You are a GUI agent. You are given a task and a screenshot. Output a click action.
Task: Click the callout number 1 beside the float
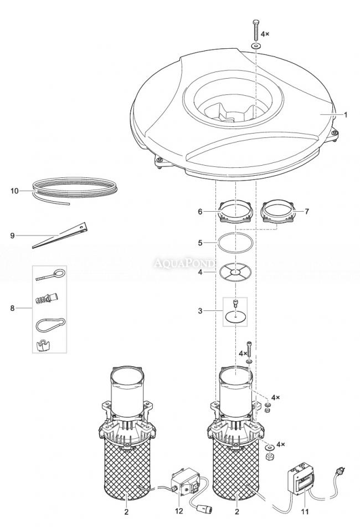pos(346,115)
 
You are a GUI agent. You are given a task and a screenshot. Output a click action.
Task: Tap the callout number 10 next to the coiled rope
pos(14,191)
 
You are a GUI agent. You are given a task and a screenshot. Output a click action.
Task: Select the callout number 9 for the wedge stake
pos(12,236)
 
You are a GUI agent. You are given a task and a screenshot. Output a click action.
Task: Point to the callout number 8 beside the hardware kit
pos(12,308)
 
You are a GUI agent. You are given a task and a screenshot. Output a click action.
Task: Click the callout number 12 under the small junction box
pos(179,511)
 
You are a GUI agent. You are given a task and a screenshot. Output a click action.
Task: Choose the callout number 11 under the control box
pos(305,511)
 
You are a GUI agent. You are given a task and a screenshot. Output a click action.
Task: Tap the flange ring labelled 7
pos(277,212)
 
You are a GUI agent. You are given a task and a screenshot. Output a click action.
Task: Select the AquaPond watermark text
pos(183,263)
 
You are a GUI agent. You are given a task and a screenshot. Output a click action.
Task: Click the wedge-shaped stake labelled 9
pos(59,235)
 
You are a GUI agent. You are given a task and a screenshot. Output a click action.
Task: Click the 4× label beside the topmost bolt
pos(265,34)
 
